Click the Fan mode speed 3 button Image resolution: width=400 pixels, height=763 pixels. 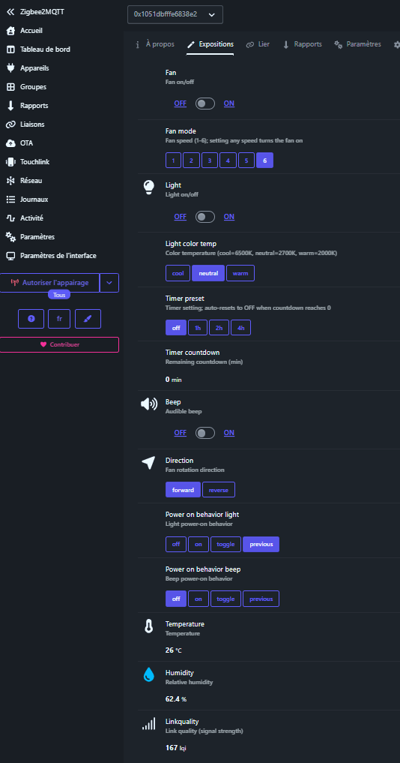pos(210,161)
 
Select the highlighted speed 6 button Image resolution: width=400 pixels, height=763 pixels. pos(264,161)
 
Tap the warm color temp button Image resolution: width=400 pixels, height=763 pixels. pos(240,274)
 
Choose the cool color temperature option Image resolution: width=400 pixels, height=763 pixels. pos(178,274)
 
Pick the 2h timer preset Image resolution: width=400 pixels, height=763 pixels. pos(219,328)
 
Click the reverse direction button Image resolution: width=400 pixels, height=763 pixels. pos(219,490)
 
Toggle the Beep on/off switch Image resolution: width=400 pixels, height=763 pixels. pos(205,433)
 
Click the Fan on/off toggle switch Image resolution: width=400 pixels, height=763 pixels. pos(205,104)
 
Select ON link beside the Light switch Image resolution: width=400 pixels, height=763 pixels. pos(229,217)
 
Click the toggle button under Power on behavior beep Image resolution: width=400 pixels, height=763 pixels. pos(225,599)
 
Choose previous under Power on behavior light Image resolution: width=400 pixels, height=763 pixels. pos(261,545)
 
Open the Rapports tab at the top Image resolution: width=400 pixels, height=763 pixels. pos(303,44)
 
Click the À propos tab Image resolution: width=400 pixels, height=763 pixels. pos(154,44)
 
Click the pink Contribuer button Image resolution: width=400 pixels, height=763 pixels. pos(59,344)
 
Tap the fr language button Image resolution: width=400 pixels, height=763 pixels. pos(59,319)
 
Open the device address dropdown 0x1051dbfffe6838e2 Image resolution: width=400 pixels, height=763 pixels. pos(175,14)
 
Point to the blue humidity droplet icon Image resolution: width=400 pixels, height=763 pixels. pos(149,674)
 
